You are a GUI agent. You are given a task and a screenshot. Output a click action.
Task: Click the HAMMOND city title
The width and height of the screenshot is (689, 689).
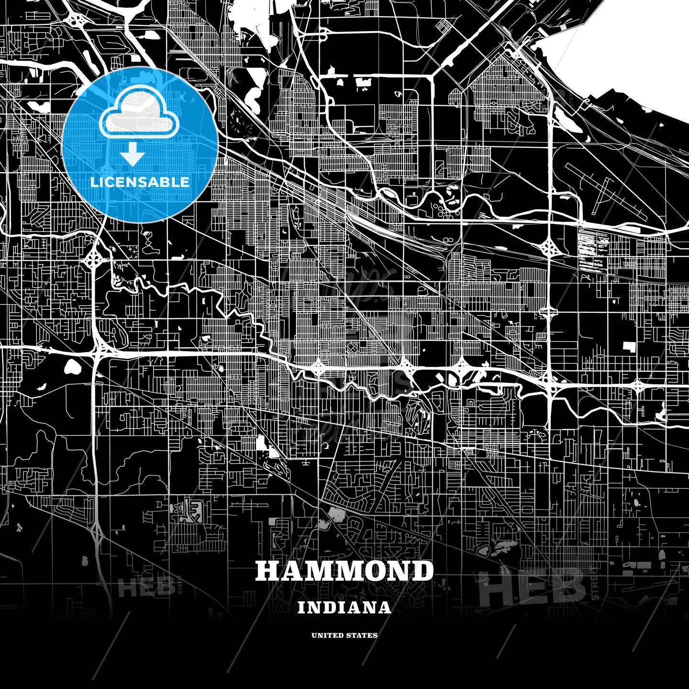[x=344, y=571]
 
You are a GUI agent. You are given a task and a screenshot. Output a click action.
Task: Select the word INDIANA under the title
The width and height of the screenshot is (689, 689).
[x=344, y=608]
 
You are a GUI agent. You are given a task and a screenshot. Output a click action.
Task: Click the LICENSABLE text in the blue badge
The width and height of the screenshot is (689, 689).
[x=140, y=182]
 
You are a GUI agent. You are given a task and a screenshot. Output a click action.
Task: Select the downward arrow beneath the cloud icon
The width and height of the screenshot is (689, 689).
[x=133, y=155]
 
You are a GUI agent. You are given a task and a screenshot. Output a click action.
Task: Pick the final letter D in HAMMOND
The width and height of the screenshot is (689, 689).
[x=422, y=571]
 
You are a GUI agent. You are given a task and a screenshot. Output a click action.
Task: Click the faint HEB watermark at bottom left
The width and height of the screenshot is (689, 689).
[x=146, y=587]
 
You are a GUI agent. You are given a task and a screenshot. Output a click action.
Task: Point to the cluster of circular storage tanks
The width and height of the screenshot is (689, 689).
[x=441, y=208]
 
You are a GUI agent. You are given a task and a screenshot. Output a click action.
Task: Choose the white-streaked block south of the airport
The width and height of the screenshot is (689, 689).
[x=593, y=251]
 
